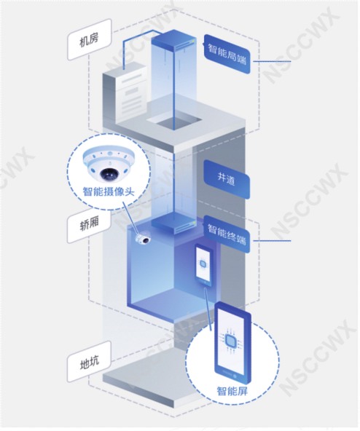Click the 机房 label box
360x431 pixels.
(x=89, y=39)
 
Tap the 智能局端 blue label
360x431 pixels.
(x=227, y=54)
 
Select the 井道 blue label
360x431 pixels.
(x=227, y=179)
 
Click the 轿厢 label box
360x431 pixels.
(x=89, y=224)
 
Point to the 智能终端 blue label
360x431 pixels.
(x=227, y=234)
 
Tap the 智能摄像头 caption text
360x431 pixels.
(x=109, y=191)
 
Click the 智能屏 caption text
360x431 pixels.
(x=232, y=390)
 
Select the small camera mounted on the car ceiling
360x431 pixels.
(x=143, y=238)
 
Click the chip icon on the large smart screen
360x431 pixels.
(x=230, y=341)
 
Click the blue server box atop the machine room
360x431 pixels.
(x=174, y=41)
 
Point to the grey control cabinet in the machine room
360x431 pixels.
(x=125, y=93)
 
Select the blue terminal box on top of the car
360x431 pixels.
(x=174, y=224)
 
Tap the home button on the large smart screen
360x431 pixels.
(x=235, y=375)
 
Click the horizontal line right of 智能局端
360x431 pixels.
(x=272, y=61)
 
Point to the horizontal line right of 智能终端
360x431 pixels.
(x=272, y=241)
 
